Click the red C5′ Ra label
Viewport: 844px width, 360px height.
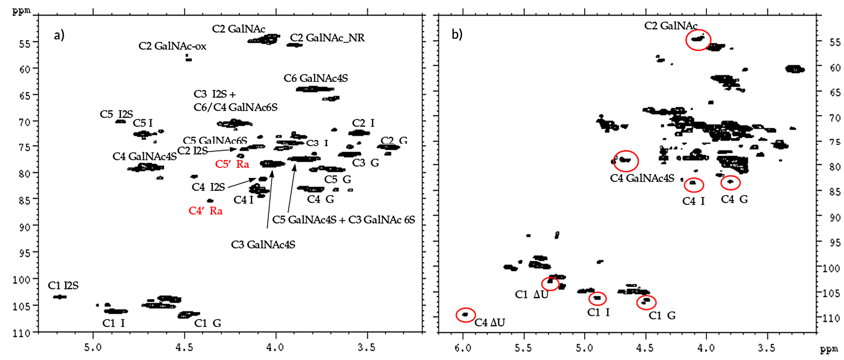point(232,164)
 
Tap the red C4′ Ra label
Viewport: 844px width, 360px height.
point(205,211)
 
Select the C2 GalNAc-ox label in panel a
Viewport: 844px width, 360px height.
point(172,46)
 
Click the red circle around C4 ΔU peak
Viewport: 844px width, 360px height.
point(465,315)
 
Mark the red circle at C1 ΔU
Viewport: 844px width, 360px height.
point(550,284)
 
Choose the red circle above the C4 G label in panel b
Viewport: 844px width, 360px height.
point(730,182)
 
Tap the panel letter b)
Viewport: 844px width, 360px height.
point(457,34)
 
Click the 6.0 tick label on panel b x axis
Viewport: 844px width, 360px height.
point(463,348)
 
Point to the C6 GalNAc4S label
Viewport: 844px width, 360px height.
point(315,78)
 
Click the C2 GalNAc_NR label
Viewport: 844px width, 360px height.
point(327,38)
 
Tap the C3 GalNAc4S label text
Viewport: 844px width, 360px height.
point(263,245)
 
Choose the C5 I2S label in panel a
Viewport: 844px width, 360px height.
point(116,114)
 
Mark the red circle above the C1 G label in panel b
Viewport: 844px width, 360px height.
point(646,302)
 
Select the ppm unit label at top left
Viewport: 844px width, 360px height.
point(21,11)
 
